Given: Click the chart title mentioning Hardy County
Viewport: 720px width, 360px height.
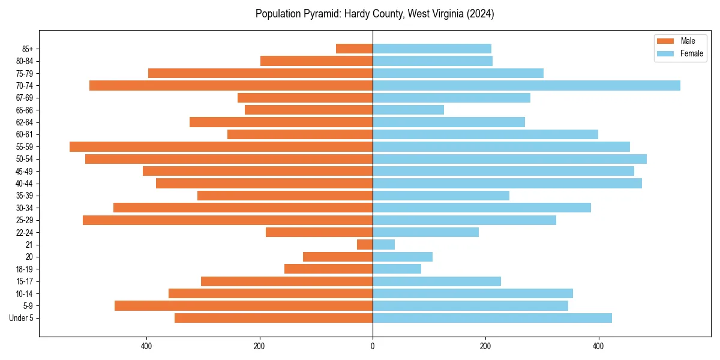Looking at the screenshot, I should coord(374,14).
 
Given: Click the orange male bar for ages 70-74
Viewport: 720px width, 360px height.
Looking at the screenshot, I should coord(231,86).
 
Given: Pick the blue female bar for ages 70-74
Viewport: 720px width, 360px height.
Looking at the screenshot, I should coord(526,86).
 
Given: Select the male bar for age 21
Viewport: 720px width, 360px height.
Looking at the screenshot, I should coord(365,245).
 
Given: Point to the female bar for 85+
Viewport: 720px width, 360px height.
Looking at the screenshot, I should coord(432,49).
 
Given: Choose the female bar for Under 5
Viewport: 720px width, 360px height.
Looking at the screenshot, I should coord(492,318).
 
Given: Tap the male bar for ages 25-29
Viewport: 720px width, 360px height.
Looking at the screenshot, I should coord(227,220).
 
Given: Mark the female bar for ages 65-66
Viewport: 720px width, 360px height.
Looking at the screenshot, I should coord(408,110).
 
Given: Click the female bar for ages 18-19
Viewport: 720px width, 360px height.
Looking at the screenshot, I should coord(397,269).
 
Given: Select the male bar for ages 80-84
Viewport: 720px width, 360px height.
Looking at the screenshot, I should coord(316,61).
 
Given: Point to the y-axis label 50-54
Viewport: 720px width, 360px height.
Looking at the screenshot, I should coord(24,159).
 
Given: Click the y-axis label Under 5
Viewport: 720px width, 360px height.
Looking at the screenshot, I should coord(22,318).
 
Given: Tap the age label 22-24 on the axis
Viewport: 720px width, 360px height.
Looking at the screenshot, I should coord(24,233).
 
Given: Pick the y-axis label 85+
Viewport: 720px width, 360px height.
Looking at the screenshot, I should coord(27,49).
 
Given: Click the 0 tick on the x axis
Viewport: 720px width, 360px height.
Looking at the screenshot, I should coord(373,346).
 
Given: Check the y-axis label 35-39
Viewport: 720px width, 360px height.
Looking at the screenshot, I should coord(24,196).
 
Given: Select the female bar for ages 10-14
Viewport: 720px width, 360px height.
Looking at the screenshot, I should coord(473,293).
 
